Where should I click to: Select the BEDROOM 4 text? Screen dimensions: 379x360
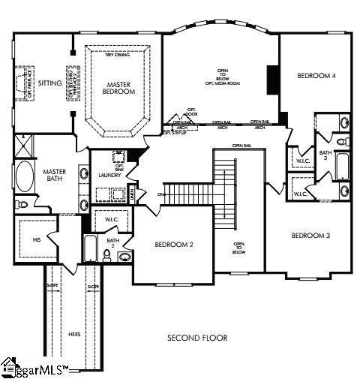pos(315,76)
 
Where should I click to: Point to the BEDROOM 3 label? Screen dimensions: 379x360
pos(310,236)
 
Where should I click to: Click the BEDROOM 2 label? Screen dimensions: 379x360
pos(174,245)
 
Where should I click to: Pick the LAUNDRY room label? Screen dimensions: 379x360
pos(109,175)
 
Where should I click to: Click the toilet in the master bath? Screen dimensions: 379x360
pos(22,203)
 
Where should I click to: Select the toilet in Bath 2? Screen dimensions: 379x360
pos(107,255)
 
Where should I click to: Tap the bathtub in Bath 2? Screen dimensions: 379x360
pos(91,248)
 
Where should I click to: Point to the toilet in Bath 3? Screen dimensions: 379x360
pos(342,141)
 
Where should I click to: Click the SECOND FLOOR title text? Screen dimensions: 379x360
pos(197,338)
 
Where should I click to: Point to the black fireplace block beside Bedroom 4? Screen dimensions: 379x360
pos(272,79)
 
